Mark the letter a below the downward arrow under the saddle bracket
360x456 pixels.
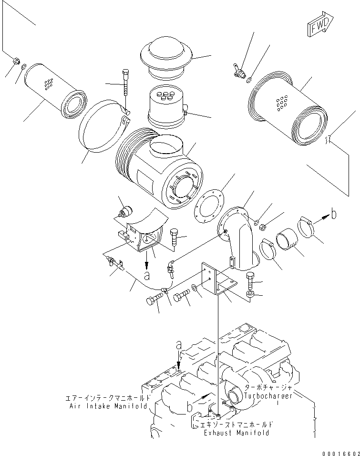tap(147, 275)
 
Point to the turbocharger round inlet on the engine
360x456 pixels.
tap(235, 395)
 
